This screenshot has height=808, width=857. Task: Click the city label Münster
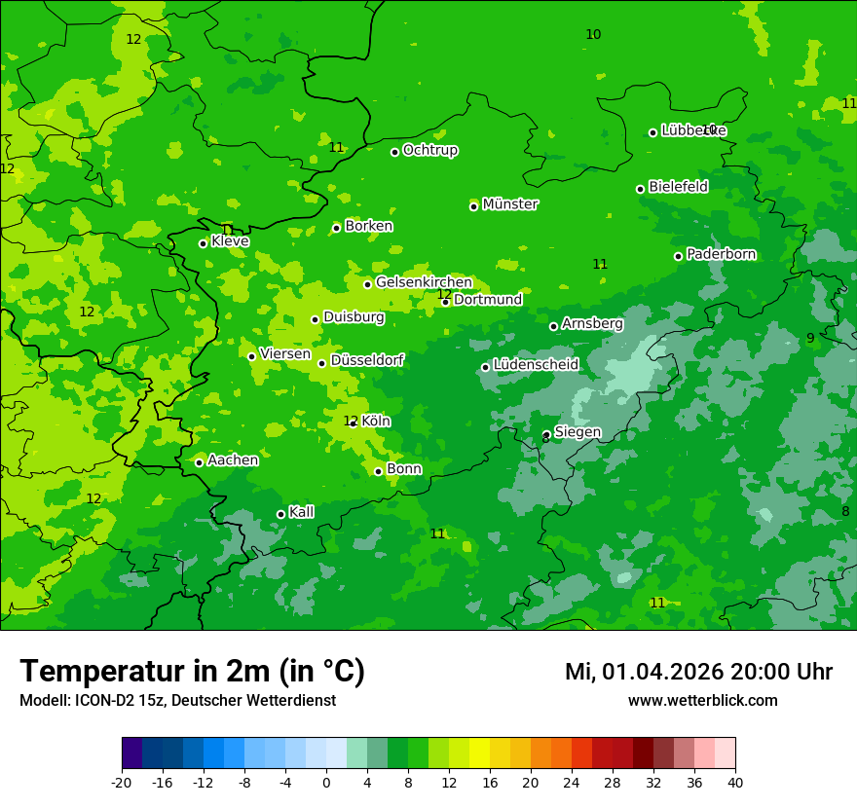click(x=510, y=204)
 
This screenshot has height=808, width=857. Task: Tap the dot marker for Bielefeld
click(x=640, y=189)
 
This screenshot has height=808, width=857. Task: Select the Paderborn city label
click(x=722, y=254)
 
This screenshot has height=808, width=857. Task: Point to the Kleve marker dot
click(x=203, y=243)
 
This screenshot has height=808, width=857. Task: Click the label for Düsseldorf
click(x=367, y=360)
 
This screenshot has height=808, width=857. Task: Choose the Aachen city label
click(x=233, y=460)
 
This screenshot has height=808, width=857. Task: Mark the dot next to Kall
click(x=280, y=514)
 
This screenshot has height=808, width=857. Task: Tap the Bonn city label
click(x=404, y=469)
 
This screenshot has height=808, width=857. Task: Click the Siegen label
click(x=578, y=432)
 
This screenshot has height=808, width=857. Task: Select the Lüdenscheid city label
click(x=536, y=365)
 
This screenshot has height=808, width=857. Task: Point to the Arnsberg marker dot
click(x=553, y=326)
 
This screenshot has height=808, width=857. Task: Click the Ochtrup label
click(x=430, y=150)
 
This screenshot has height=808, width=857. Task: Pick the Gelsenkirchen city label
click(x=424, y=282)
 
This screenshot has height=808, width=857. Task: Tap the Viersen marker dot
click(x=251, y=356)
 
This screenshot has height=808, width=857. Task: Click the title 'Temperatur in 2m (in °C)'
click(x=192, y=672)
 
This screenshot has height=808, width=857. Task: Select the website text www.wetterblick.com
click(x=702, y=701)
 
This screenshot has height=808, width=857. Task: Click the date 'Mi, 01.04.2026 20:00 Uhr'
click(x=698, y=672)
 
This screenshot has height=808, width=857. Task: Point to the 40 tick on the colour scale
click(x=735, y=782)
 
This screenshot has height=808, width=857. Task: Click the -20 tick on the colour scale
click(x=122, y=782)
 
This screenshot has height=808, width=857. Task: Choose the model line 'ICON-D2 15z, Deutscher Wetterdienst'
click(x=177, y=701)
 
